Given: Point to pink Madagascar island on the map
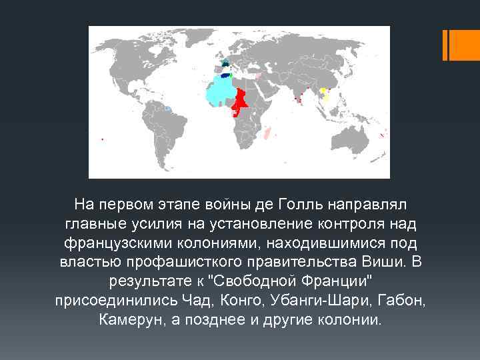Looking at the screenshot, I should pyautogui.click(x=268, y=133).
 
